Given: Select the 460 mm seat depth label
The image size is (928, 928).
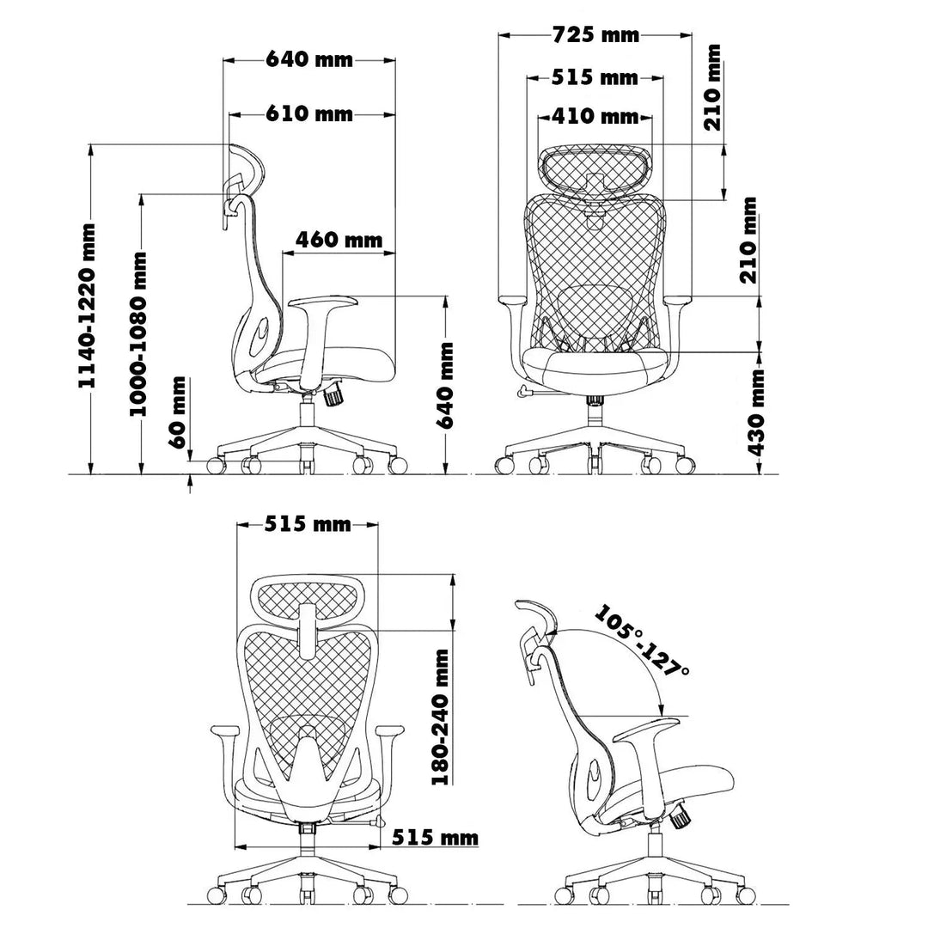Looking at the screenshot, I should (339, 240).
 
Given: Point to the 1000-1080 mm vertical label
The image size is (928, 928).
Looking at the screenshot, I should (137, 333).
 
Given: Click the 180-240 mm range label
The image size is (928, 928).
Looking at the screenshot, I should (440, 716).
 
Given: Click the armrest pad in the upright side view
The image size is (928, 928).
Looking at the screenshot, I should (325, 302).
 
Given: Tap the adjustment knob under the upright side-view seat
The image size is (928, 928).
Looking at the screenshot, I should (333, 397).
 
